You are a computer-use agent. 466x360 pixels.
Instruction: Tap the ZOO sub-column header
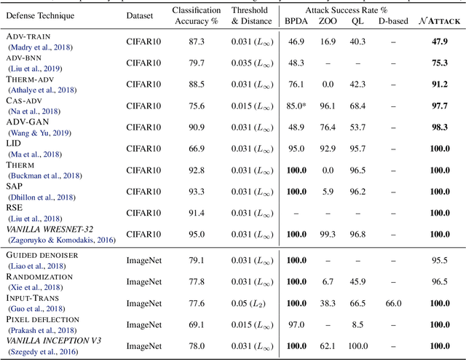click(329, 22)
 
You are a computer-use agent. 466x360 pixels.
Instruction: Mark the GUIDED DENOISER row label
click(43, 254)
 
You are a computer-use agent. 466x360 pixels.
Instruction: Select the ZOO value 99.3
click(328, 234)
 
